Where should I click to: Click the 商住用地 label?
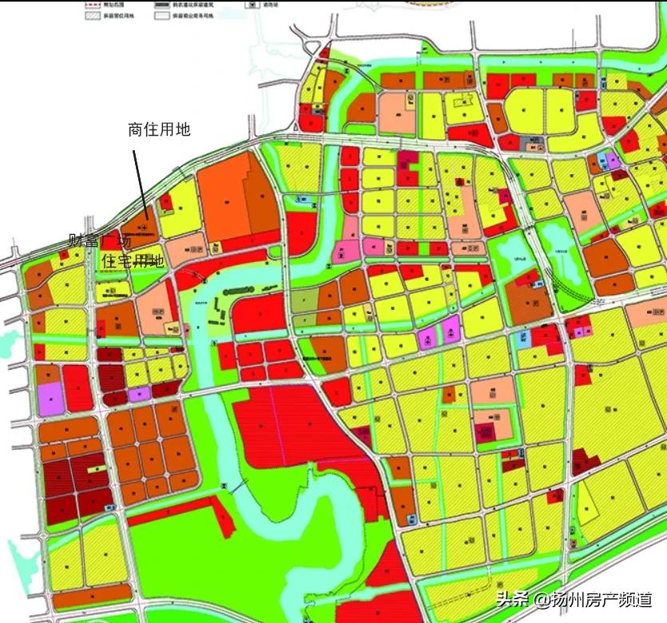(159, 129)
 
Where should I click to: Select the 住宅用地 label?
(133, 261)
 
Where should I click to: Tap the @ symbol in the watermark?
(542, 599)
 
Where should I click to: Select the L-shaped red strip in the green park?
(224, 511)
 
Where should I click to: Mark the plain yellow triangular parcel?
(588, 503)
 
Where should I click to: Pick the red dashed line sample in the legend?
(93, 4)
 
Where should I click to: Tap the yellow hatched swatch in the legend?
(93, 15)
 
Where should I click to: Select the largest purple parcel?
(50, 398)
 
